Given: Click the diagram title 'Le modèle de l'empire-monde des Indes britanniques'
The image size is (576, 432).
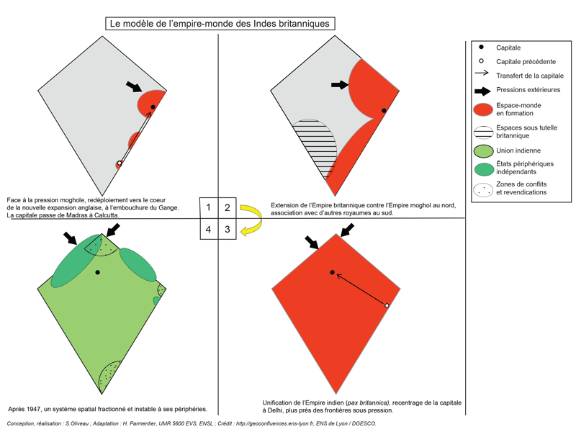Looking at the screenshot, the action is pyautogui.click(x=220, y=24).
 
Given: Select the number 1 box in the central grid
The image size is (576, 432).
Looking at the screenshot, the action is pyautogui.click(x=209, y=208).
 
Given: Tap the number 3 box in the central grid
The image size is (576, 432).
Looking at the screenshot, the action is pyautogui.click(x=228, y=229).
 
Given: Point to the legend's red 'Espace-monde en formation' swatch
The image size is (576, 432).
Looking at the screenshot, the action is pyautogui.click(x=483, y=109).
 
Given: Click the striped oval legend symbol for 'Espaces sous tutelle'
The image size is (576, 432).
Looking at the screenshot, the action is pyautogui.click(x=483, y=132).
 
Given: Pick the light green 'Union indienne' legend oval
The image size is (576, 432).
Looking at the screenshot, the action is pyautogui.click(x=483, y=151).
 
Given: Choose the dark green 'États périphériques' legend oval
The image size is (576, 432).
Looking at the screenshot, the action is pyautogui.click(x=483, y=169).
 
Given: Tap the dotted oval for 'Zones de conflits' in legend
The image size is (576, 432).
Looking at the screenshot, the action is pyautogui.click(x=483, y=190).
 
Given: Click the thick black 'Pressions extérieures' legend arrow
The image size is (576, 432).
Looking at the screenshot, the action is pyautogui.click(x=482, y=91).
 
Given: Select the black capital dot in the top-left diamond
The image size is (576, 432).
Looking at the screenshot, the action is pyautogui.click(x=153, y=107).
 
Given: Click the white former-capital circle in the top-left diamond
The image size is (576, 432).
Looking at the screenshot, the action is pyautogui.click(x=120, y=163).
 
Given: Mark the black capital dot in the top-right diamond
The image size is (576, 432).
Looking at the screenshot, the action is pyautogui.click(x=384, y=111).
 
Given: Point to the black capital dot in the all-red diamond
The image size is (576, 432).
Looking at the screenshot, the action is pyautogui.click(x=333, y=272).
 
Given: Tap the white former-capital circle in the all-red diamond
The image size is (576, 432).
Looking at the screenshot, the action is pyautogui.click(x=387, y=305).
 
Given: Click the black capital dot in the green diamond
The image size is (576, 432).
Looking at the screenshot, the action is pyautogui.click(x=97, y=272).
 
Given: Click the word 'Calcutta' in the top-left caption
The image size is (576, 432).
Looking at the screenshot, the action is pyautogui.click(x=107, y=215).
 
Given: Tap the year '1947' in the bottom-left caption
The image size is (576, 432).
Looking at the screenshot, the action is pyautogui.click(x=34, y=409).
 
